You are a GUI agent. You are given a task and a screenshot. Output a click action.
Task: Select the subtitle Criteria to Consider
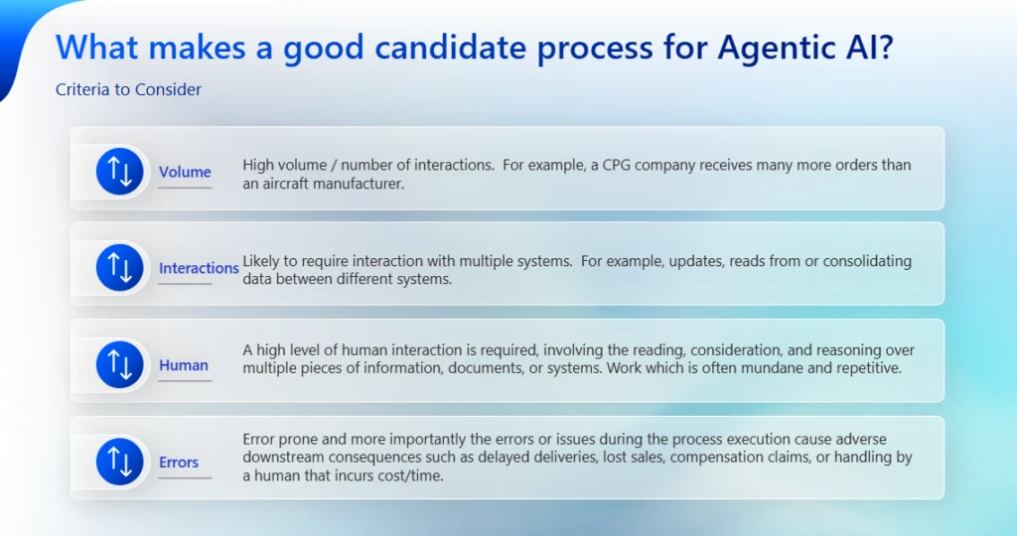128,89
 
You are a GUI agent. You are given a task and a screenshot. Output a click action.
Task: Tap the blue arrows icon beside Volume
120,172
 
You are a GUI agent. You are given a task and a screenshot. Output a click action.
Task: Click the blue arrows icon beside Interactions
120,268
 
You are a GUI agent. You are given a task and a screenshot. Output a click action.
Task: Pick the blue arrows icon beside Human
120,364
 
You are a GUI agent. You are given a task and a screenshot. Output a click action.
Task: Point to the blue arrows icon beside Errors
120,462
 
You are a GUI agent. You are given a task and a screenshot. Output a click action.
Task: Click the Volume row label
185,172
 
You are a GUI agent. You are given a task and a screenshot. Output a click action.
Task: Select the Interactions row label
199,268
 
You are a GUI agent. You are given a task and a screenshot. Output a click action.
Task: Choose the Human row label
184,365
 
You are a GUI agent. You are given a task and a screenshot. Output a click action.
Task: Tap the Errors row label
179,463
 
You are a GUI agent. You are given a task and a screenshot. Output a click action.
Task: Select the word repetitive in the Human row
864,368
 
